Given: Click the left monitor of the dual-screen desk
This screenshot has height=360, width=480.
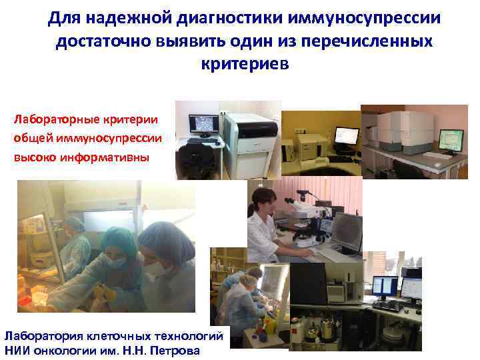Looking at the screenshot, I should click(385, 287).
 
